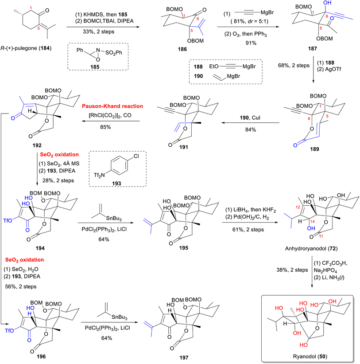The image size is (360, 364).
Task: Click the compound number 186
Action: tap(182, 49)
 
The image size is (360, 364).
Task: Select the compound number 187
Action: tap(312, 48)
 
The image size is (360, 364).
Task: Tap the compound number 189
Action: tap(314, 149)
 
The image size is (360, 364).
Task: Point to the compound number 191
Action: tap(184, 147)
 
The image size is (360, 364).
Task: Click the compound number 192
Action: tap(37, 145)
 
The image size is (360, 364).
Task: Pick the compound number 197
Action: tap(184, 357)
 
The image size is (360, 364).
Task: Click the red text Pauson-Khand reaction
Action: tap(112, 106)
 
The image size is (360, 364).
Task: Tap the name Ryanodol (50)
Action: tap(310, 356)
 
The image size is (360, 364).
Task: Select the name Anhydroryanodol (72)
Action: tap(311, 249)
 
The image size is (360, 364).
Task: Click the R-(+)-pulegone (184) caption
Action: tap(26, 48)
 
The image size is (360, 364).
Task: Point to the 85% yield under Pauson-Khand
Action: tap(105, 127)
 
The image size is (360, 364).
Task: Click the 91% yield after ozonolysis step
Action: tap(251, 43)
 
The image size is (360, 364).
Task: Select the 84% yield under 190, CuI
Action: tap(251, 129)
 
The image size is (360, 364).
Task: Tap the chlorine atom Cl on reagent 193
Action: tap(136, 156)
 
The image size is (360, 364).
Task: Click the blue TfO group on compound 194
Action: tap(8, 220)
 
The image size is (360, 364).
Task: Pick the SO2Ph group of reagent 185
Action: tap(114, 53)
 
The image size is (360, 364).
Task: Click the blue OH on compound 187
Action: tap(327, 3)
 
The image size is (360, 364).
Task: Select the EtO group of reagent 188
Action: tap(214, 67)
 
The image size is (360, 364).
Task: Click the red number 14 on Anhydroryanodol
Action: tap(313, 222)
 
